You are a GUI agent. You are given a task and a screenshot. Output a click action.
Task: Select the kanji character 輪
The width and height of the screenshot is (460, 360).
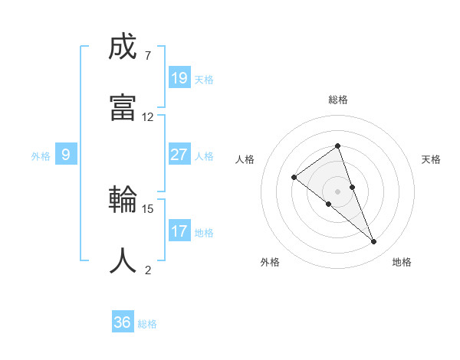pos(123,201)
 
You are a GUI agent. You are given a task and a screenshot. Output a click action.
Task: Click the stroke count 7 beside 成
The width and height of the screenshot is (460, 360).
pos(147,56)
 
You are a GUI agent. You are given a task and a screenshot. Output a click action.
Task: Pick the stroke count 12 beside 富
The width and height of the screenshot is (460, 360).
pos(147,116)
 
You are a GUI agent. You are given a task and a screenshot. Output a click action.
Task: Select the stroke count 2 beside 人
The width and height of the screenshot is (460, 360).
pos(147,270)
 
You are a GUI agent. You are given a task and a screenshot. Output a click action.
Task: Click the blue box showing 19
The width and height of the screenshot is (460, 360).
pos(179,77)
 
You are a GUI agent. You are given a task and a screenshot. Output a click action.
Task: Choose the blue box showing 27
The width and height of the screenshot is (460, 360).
pos(179,155)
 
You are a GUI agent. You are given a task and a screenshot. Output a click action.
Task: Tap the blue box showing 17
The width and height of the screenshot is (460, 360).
pos(179,231)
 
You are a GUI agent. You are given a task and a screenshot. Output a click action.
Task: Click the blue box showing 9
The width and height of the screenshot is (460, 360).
pos(66,155)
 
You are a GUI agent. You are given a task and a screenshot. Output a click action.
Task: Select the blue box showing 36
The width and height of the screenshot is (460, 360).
pos(123,322)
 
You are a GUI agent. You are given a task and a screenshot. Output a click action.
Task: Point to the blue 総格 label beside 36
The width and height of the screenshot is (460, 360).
pos(147,324)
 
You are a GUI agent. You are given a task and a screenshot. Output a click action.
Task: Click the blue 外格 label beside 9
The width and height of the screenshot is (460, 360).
pos(41,156)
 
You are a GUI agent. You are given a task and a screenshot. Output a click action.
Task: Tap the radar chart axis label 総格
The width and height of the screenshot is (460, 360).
pos(338,100)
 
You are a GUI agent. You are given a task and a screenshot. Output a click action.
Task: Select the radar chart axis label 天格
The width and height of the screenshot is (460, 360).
pos(432,159)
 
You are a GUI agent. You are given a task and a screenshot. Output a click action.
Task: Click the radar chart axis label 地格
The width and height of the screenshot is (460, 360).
pos(402,262)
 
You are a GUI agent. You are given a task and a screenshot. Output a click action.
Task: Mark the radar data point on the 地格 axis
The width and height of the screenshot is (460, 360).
pos(373,241)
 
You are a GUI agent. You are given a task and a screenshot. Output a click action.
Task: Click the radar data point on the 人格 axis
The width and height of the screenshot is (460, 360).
pos(294,178)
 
